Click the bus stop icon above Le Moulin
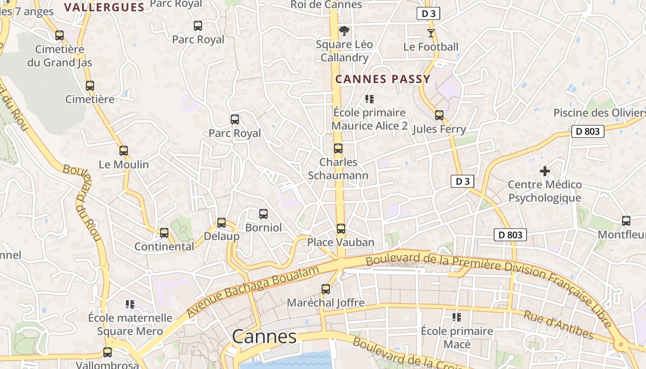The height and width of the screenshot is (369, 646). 123,150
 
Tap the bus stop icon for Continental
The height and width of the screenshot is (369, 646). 164,233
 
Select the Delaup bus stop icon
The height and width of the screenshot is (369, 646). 221,223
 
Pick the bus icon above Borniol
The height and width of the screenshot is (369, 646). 263,214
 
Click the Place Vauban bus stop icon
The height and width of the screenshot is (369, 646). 341,228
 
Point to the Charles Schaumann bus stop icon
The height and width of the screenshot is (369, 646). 338,149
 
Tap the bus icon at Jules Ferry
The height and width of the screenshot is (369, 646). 439,115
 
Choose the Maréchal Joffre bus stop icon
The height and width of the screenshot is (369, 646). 326,289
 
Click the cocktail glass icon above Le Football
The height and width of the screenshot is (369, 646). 431,33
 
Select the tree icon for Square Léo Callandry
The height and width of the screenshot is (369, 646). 344,31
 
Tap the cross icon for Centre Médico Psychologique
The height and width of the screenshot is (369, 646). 544,171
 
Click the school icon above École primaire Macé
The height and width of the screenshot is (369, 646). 457,317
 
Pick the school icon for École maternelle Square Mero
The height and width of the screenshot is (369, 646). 130,304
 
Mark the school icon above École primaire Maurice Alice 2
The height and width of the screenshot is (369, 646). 369,99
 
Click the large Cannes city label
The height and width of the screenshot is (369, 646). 264,337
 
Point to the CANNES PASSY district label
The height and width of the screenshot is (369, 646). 383,79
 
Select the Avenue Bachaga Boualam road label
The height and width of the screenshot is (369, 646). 253,292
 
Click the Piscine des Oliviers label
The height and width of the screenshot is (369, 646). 599,113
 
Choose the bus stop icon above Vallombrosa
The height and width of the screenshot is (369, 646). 108,352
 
